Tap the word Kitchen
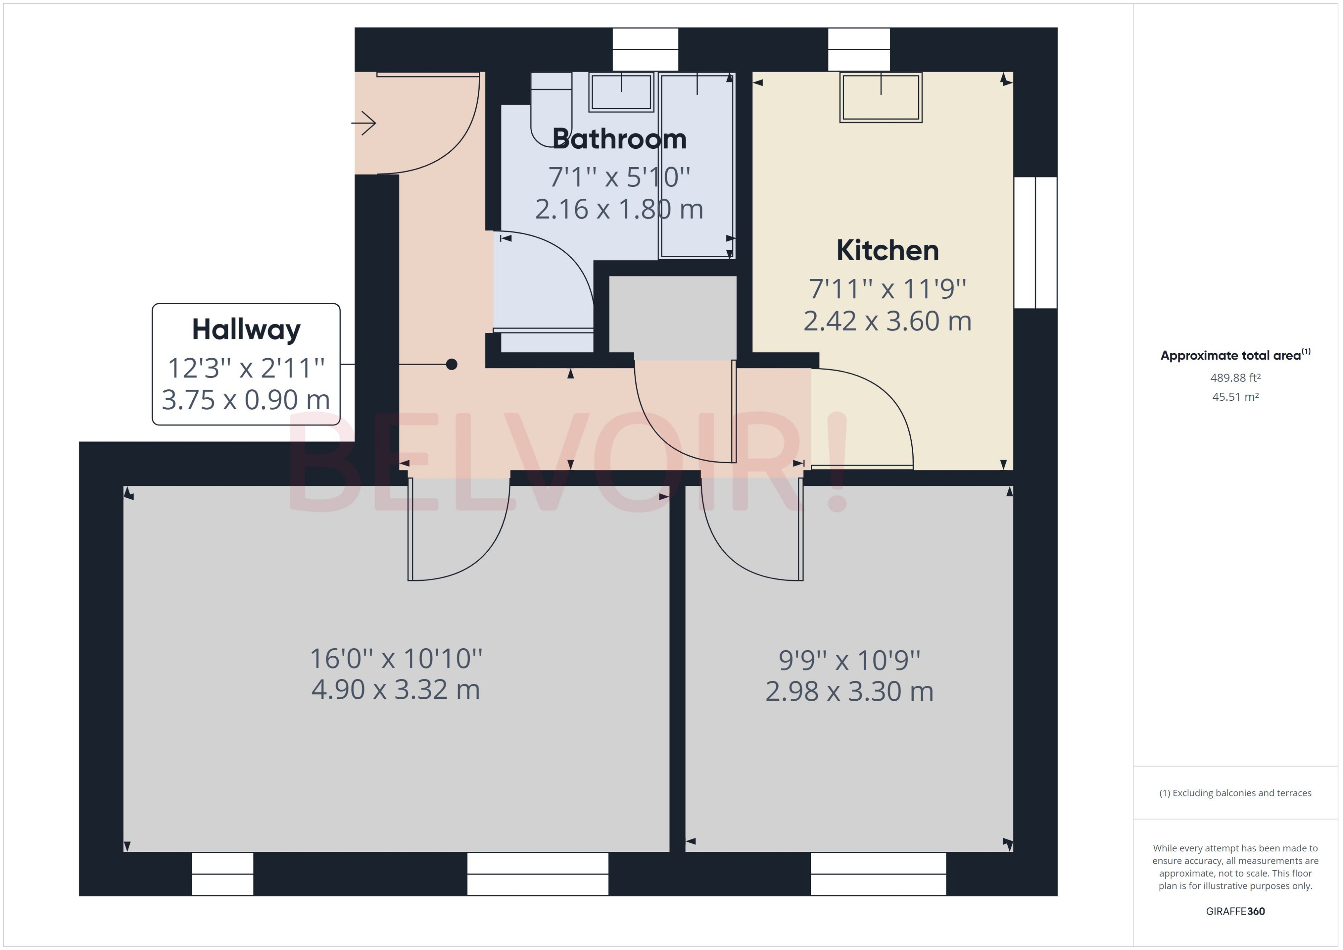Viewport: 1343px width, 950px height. click(x=887, y=250)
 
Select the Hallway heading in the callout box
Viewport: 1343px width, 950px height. click(x=246, y=329)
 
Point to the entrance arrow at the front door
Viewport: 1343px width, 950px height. click(x=364, y=123)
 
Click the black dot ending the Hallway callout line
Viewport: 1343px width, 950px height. click(x=452, y=364)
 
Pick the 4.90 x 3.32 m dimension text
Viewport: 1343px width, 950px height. click(x=396, y=690)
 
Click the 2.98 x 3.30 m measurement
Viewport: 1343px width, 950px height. click(x=849, y=692)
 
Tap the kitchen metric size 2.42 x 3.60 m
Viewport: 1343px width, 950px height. click(x=887, y=321)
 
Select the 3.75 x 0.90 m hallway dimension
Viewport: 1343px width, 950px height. click(x=246, y=400)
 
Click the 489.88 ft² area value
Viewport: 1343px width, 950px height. click(x=1235, y=378)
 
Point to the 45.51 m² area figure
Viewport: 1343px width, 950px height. click(x=1235, y=397)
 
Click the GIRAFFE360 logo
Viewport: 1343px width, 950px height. click(x=1235, y=911)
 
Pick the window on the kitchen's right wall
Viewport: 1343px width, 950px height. click(x=1035, y=242)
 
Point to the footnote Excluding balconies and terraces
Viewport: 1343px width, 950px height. click(x=1235, y=793)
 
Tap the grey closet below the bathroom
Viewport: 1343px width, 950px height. click(x=672, y=316)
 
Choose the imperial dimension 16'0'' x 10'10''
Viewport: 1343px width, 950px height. click(x=396, y=659)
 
